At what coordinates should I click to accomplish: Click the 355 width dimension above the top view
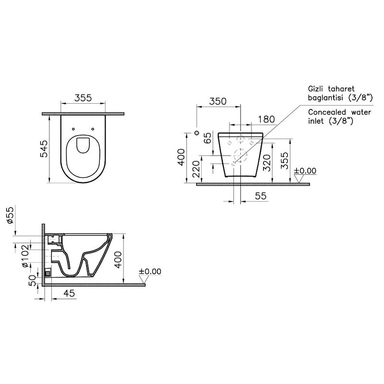click(83, 98)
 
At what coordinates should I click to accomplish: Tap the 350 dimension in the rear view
click(217, 101)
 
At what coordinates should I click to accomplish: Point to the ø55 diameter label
click(12, 216)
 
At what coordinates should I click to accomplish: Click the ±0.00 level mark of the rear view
click(305, 171)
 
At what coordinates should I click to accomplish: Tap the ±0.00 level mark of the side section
click(150, 271)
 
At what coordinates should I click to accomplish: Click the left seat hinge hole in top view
click(72, 129)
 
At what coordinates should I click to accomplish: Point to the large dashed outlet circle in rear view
click(239, 154)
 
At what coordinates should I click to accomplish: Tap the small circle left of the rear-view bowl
click(196, 132)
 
